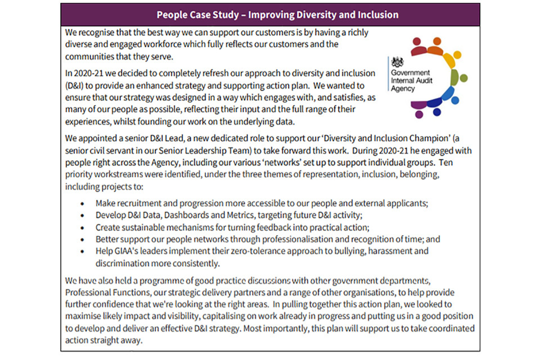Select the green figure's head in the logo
click(x=463, y=78)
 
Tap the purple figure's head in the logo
click(x=418, y=114)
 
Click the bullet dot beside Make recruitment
click(x=83, y=204)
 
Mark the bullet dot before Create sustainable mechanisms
click(x=83, y=228)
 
